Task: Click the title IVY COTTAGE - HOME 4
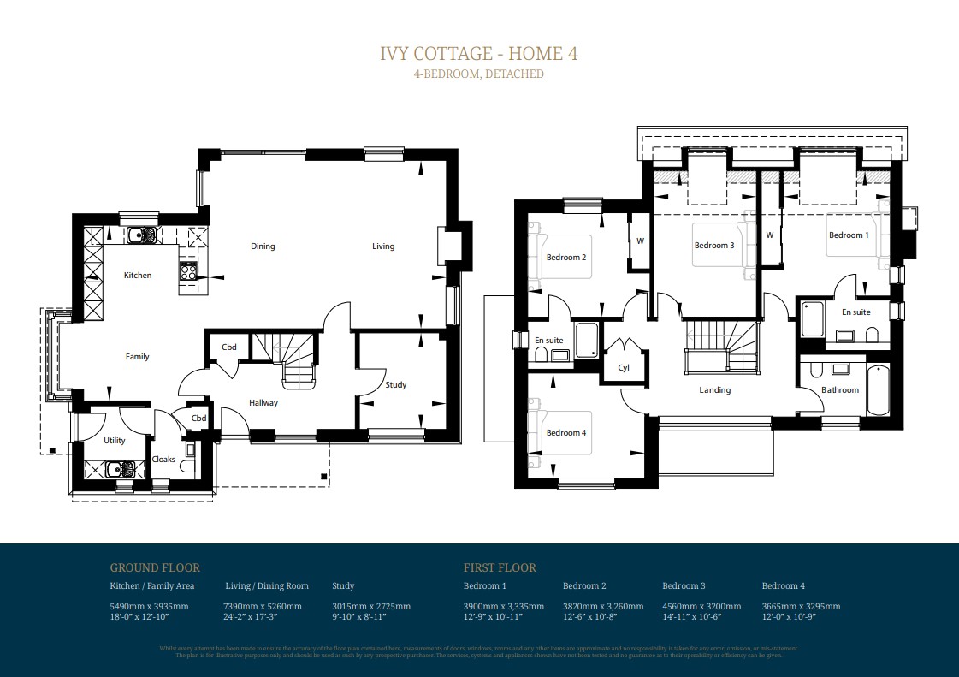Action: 479,53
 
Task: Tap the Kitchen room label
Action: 138,276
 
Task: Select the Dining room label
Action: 263,246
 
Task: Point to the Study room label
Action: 395,385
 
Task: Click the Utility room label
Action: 115,441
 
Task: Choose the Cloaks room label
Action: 163,460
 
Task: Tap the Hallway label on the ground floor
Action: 263,403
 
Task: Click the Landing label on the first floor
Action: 715,390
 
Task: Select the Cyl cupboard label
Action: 624,368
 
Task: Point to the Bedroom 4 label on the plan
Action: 566,433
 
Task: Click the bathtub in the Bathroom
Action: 877,390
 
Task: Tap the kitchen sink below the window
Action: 141,235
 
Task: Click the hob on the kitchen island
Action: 189,272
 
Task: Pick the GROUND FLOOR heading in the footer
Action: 155,567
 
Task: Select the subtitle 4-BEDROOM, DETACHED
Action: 479,74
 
